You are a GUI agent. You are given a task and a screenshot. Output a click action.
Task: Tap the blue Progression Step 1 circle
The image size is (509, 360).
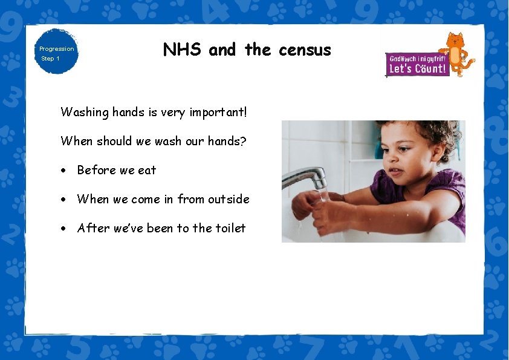pos(56,52)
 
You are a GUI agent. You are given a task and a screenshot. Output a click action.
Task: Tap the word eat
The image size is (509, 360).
pos(147,171)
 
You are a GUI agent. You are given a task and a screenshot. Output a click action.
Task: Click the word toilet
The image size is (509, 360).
pos(230,228)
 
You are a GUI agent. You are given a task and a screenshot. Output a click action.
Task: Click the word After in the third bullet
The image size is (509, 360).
pos(91,228)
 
